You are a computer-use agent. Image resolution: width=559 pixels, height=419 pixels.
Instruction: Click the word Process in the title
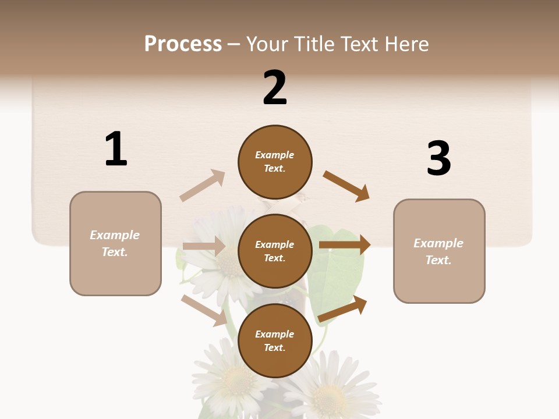[x=183, y=44]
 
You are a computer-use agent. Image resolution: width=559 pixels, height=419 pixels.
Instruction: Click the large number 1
[x=116, y=149]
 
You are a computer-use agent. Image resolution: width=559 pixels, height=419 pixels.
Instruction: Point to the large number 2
[x=275, y=88]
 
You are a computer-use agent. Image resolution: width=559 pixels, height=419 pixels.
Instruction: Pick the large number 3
[x=438, y=158]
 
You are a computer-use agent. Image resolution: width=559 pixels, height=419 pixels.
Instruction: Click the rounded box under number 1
[x=115, y=243]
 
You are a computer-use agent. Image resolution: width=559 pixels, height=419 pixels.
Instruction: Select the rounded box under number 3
[x=439, y=251]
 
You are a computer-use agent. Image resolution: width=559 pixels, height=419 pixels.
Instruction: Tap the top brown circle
[x=275, y=162]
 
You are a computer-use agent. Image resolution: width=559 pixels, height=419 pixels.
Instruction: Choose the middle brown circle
[x=275, y=251]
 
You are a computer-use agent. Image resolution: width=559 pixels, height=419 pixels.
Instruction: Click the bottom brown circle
[x=275, y=341]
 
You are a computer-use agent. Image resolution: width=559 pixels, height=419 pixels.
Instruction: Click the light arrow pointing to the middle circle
[x=204, y=246]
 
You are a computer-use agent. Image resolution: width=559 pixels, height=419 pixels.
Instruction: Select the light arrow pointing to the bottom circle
[x=204, y=310]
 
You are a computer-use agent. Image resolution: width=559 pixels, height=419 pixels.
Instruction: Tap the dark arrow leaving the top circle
[x=346, y=186]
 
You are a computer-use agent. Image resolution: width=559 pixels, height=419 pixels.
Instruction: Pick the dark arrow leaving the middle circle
[x=345, y=245]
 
